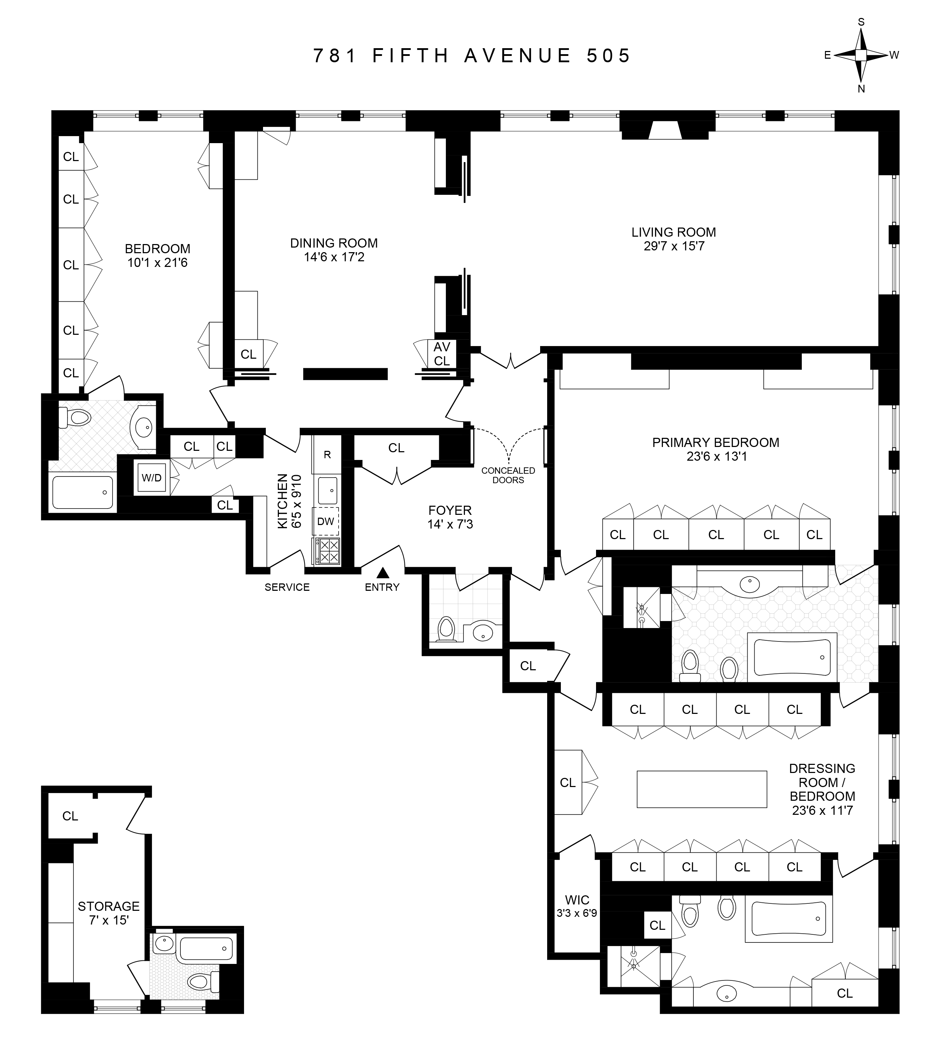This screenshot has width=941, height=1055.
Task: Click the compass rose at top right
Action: [x=861, y=55]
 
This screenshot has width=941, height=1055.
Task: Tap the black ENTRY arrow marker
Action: [x=383, y=573]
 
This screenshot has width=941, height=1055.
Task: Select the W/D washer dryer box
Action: [x=152, y=478]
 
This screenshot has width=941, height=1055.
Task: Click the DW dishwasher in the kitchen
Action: [x=326, y=521]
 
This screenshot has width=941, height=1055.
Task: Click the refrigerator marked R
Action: [x=327, y=455]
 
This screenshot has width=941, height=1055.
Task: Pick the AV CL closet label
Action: [x=442, y=354]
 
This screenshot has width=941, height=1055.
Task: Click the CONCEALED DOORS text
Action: [x=508, y=475]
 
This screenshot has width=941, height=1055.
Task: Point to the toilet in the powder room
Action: [x=446, y=629]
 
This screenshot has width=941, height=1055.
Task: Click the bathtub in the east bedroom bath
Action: [x=83, y=492]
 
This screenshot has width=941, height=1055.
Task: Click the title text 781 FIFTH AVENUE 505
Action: [x=472, y=55]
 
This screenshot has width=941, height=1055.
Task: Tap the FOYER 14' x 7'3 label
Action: [x=450, y=517]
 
